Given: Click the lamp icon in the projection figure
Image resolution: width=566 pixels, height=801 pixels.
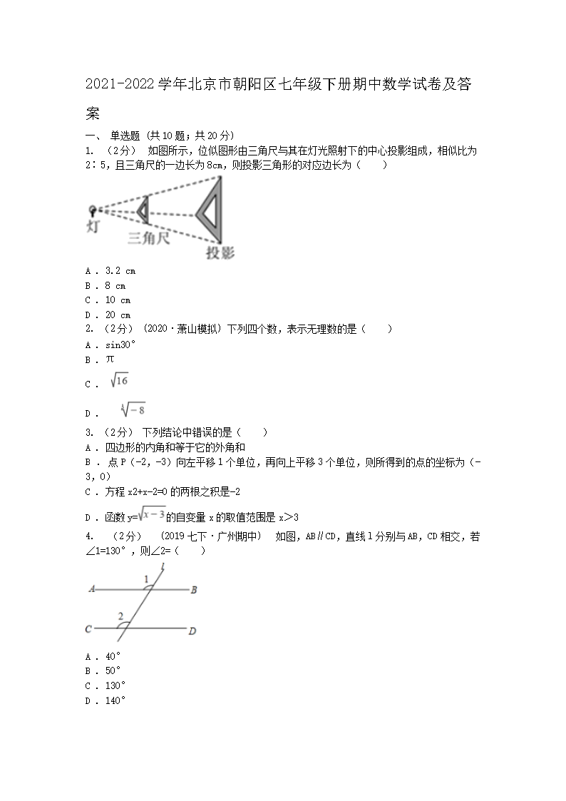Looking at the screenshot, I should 93,210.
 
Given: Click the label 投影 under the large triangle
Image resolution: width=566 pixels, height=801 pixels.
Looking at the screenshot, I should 219,252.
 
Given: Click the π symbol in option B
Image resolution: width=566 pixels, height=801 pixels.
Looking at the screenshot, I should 110,359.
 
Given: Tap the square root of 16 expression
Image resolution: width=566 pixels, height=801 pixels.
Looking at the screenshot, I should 119,382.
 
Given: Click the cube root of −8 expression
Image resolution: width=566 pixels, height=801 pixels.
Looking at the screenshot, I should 133,409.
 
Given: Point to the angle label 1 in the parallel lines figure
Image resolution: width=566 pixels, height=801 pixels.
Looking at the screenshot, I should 147,579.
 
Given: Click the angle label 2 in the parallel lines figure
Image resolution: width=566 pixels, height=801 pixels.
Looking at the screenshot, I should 120,616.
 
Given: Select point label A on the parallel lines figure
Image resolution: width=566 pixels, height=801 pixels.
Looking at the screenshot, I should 93,590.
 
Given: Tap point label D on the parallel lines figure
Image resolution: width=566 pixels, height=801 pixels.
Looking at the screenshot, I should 192,631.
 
